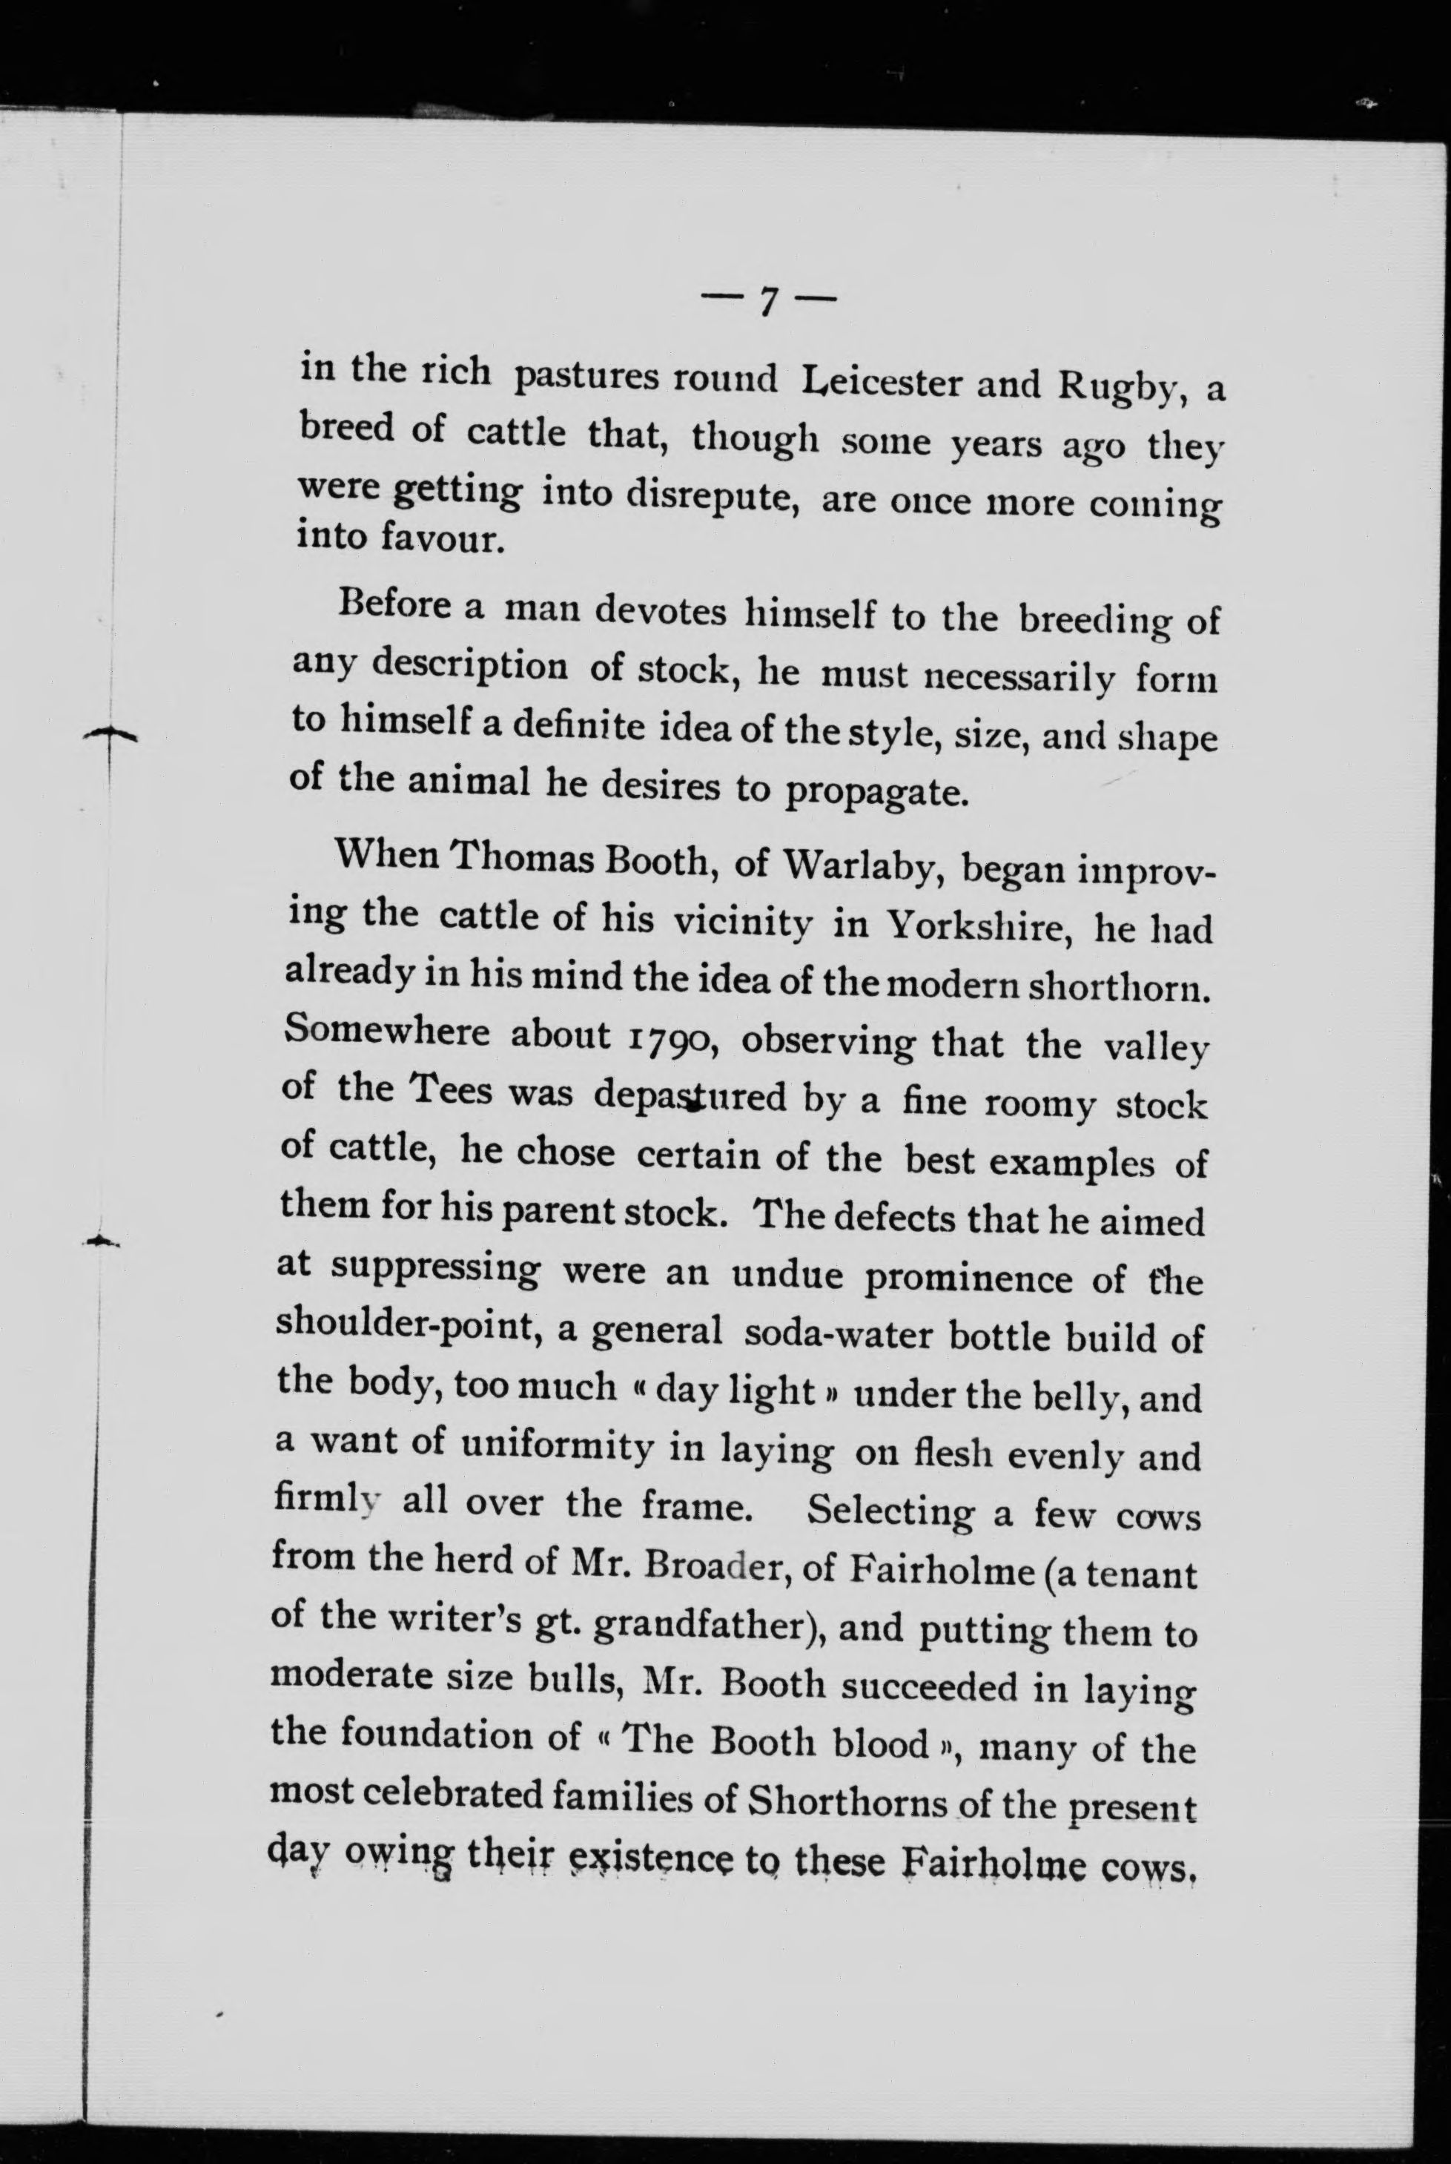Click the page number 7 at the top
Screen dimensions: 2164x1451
pos(768,301)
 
